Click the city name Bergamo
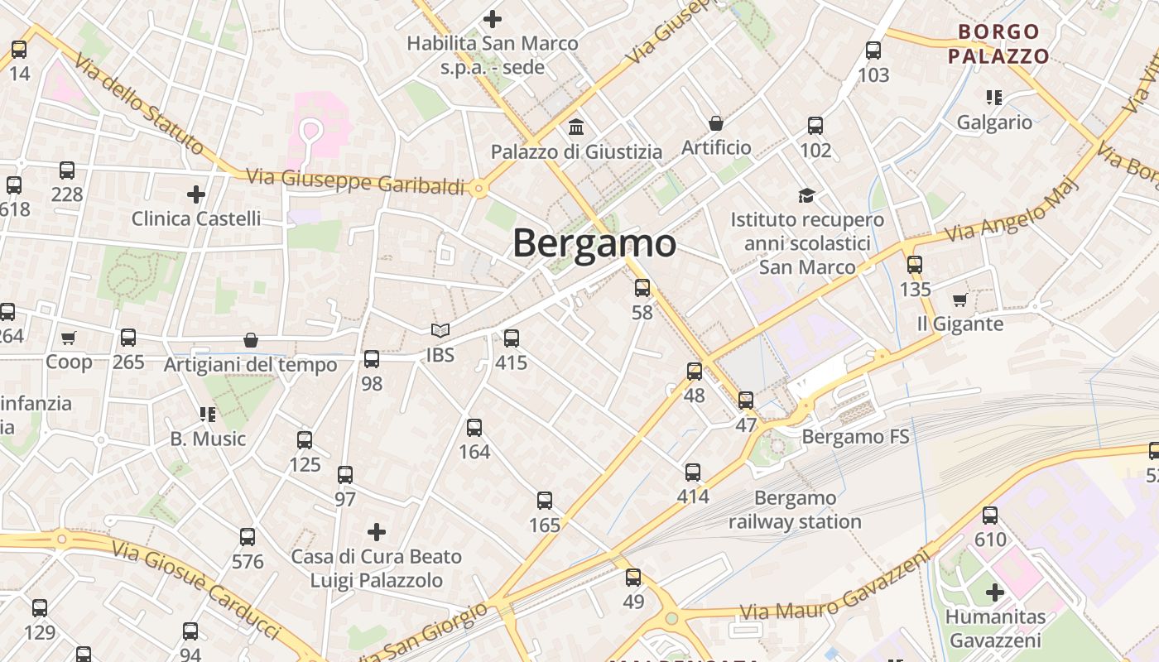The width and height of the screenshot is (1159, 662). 594,243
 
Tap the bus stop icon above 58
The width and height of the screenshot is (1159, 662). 642,288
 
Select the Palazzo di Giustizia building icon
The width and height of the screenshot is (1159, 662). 576,127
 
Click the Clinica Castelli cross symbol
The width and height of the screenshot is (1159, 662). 196,194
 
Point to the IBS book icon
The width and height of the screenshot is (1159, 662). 440,331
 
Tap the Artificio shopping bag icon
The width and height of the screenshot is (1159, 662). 716,124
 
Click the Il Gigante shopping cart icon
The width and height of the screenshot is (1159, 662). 959,300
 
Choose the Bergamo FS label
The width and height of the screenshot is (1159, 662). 856,436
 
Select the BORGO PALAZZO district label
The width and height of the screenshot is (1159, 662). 998,44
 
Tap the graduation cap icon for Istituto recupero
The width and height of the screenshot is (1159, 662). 806,195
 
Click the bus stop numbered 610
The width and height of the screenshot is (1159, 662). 990,516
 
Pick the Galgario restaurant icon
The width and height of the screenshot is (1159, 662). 994,98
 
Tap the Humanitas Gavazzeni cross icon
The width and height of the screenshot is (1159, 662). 995,592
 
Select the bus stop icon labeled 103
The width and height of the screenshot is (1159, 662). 873,50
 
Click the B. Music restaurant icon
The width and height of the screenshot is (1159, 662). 207,414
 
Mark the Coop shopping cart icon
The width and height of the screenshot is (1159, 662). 69,338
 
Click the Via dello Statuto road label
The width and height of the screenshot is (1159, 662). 137,104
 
